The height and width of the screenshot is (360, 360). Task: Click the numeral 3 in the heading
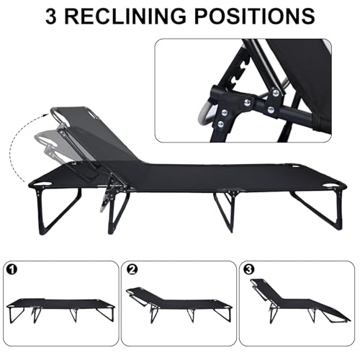click(53, 17)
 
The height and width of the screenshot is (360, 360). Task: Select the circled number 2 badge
click(131, 271)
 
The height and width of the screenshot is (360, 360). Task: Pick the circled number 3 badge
click(250, 271)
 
